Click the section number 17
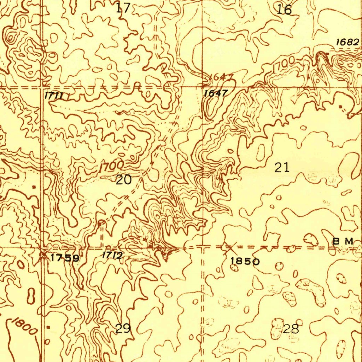(123, 7)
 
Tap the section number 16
(284, 10)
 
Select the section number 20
(124, 180)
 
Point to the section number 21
(282, 167)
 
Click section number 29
(123, 328)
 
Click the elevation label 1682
(347, 42)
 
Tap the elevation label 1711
(54, 95)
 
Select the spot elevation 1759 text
(65, 258)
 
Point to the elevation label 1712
(112, 255)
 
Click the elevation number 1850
(245, 261)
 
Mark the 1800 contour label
(24, 327)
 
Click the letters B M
(343, 241)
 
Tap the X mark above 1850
(229, 248)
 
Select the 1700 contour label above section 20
(111, 166)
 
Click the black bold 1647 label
(216, 93)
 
